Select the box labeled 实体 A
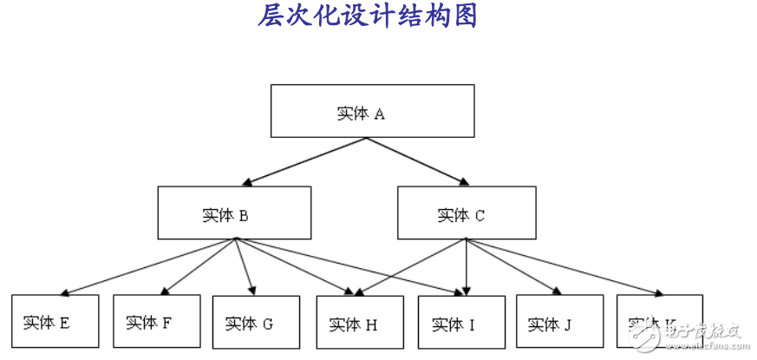coord(372,111)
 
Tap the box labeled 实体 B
coord(233,213)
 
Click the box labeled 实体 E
coord(55,323)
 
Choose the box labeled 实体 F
coord(157,323)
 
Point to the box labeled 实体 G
coord(256,323)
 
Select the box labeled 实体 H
coord(359,323)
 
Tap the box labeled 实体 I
coord(460,323)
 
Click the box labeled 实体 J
coord(559,323)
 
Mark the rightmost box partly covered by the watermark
coord(659,323)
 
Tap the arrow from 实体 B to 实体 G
coord(245,267)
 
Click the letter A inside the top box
coord(379,114)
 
